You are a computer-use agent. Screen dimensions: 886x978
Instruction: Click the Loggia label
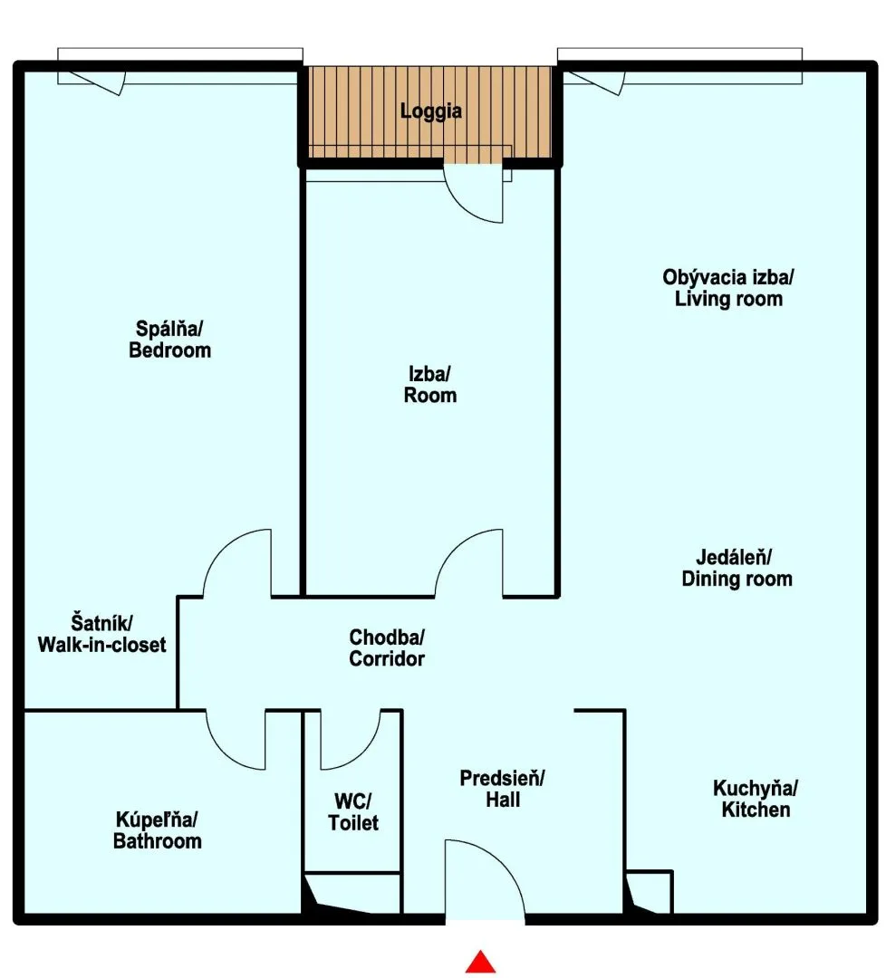point(431,111)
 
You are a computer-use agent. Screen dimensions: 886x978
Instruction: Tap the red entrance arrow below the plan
point(480,962)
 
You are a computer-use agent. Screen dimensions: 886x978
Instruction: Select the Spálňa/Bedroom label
point(169,340)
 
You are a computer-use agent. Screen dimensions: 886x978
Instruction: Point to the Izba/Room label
point(430,384)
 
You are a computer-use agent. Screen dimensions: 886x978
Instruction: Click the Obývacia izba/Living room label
point(728,288)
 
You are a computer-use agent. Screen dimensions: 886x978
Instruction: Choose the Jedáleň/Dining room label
point(737,568)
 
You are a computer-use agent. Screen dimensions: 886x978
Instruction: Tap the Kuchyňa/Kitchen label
point(756,799)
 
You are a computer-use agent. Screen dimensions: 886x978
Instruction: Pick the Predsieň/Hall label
point(502,789)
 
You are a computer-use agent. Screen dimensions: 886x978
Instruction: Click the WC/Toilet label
point(353,812)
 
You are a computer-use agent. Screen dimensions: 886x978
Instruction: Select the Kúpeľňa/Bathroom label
point(158,830)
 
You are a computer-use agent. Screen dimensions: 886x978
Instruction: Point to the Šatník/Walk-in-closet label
point(101,634)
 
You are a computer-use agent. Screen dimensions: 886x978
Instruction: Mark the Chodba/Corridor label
point(387,648)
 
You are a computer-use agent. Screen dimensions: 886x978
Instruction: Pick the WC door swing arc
point(364,753)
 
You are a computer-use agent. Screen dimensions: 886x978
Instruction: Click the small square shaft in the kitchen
point(649,892)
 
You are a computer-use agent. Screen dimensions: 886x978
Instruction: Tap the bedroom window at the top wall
point(180,66)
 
